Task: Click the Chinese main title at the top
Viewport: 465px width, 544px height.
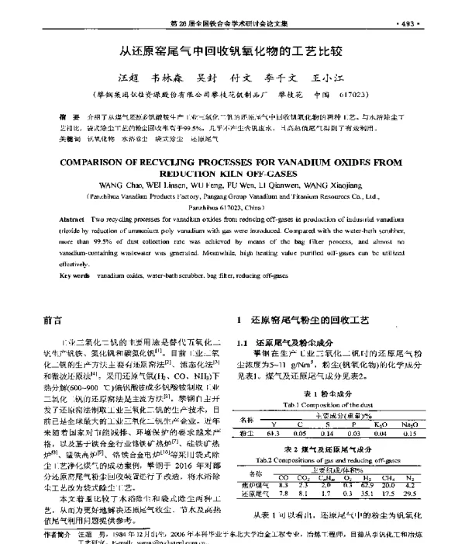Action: (x=232, y=53)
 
